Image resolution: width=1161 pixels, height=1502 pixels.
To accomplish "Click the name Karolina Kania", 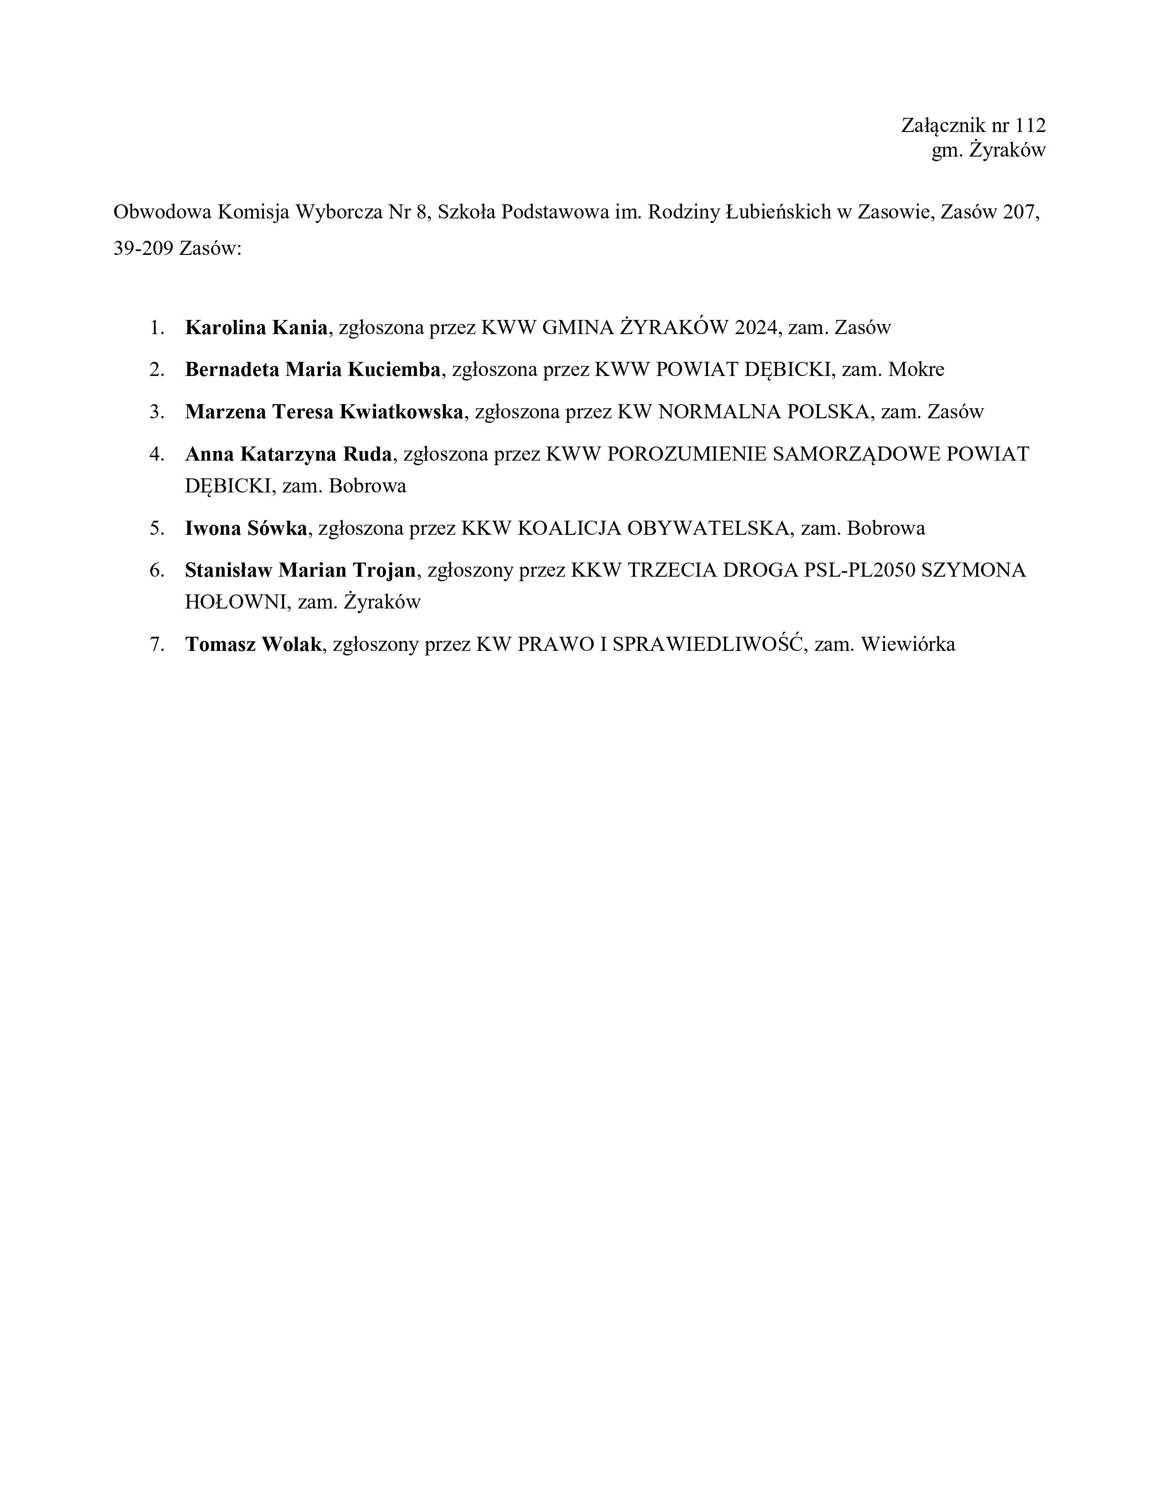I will [256, 327].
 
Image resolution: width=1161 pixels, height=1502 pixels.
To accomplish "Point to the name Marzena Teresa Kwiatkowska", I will [324, 411].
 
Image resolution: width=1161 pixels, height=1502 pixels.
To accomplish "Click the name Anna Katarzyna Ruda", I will [288, 454].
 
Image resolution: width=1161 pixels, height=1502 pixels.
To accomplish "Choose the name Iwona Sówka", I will [245, 528].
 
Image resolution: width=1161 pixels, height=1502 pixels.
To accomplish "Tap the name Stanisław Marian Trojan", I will [300, 570].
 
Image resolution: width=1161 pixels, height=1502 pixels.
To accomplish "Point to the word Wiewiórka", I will [908, 644].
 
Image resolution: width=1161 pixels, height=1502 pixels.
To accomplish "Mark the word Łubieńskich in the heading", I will [778, 212].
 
